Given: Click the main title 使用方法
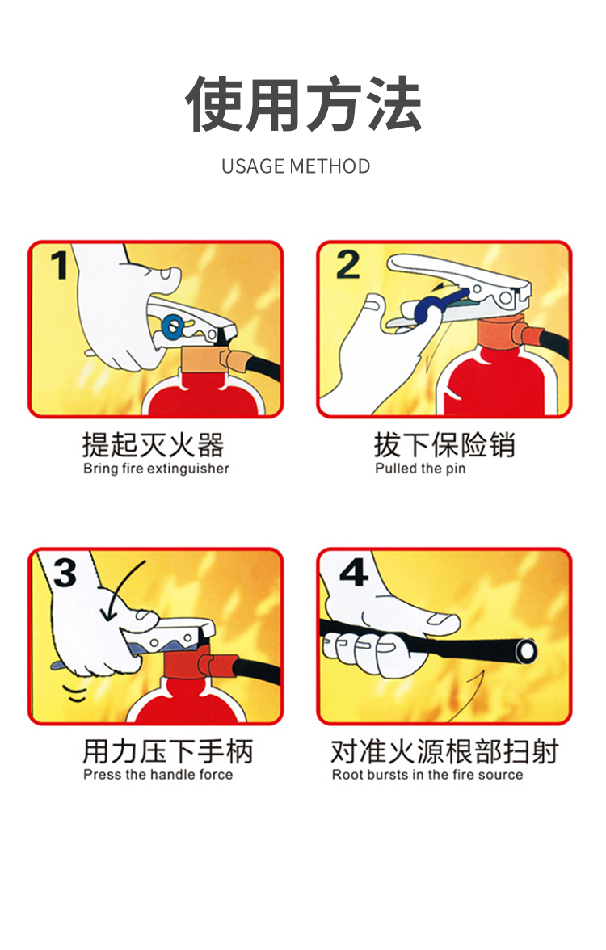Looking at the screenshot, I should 303,104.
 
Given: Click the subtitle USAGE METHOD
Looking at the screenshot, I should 296,166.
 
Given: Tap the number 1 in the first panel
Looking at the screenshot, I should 59,265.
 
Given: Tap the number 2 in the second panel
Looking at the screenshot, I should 347,265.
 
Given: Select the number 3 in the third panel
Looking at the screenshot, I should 64,573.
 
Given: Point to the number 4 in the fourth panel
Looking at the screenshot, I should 353,573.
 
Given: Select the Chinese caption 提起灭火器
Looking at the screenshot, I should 153,445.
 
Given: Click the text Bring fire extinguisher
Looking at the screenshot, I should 156,469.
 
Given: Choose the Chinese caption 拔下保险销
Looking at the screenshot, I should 444,445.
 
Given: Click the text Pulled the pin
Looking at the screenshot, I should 420,469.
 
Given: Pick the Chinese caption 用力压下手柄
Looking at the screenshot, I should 167,751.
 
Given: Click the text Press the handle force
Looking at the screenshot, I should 158,775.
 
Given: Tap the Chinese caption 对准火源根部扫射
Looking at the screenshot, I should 444,751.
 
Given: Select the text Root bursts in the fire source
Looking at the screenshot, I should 427,775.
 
